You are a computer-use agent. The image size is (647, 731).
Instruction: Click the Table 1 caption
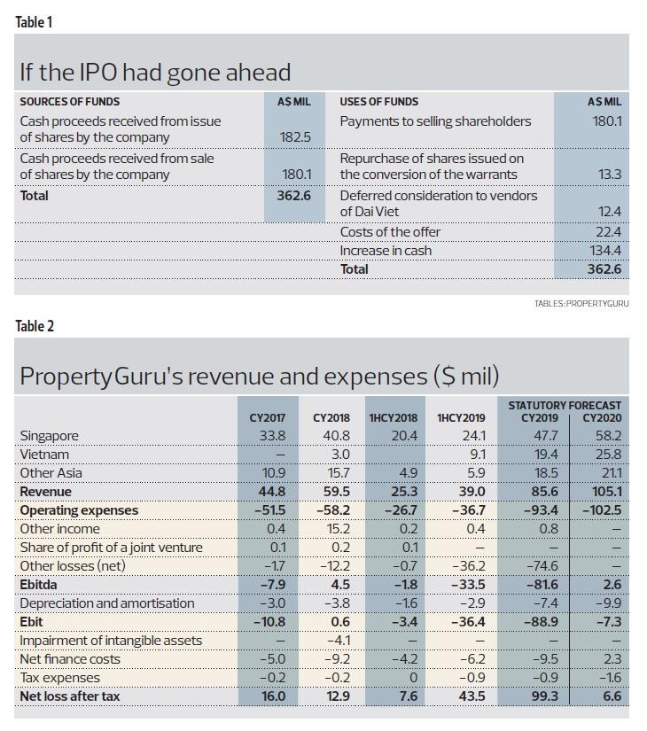point(35,22)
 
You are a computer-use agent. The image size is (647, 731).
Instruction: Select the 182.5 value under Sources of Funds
point(295,138)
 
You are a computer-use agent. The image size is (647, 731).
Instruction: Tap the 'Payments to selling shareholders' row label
point(435,121)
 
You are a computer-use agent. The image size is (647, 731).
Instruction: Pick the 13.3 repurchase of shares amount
point(609,175)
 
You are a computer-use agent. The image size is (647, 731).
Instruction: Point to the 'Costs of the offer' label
point(390,232)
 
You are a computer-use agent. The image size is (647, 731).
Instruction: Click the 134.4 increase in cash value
point(605,251)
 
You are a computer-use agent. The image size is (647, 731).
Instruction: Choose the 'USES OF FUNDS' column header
point(379,102)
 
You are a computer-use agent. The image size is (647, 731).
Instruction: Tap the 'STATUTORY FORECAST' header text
point(565,405)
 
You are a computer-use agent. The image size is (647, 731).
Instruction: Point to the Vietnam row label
point(44,455)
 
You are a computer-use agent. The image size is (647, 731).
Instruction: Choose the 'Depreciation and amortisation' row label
point(106,603)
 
